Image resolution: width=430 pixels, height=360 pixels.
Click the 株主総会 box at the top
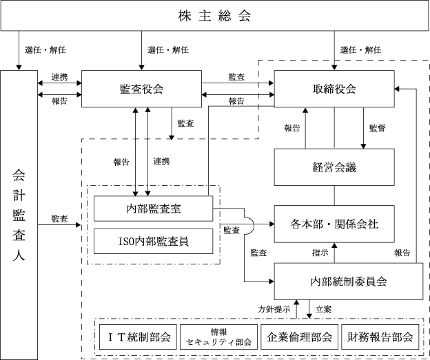click(x=214, y=15)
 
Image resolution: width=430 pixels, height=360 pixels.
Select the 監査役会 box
click(x=141, y=89)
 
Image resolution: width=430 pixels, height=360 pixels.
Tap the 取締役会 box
click(x=334, y=89)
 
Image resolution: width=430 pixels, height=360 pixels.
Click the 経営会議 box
click(x=334, y=167)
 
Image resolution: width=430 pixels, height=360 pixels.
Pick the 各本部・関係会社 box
click(x=334, y=224)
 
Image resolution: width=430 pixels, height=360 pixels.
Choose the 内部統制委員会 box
click(x=349, y=282)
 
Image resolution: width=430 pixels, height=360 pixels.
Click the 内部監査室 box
click(x=153, y=209)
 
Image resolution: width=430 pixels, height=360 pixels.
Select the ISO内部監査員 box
click(x=153, y=241)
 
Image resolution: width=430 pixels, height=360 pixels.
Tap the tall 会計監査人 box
click(x=19, y=215)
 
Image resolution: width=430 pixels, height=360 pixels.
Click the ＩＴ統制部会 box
click(x=138, y=337)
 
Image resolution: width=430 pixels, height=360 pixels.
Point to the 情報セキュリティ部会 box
click(x=218, y=337)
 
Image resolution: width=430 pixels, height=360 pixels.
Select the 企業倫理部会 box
click(x=299, y=337)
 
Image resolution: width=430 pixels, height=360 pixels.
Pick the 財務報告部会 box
click(x=380, y=337)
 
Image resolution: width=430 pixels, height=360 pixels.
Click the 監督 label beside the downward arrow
click(x=378, y=128)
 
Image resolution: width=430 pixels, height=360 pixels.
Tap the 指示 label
click(x=320, y=253)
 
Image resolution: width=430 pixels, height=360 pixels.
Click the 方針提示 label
click(x=274, y=309)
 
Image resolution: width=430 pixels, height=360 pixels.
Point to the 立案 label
click(x=324, y=309)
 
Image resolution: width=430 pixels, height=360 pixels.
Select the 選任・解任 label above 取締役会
click(x=361, y=50)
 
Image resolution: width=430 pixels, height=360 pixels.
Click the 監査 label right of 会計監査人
click(x=59, y=219)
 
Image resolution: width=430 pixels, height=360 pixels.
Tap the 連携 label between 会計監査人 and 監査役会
click(x=59, y=77)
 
